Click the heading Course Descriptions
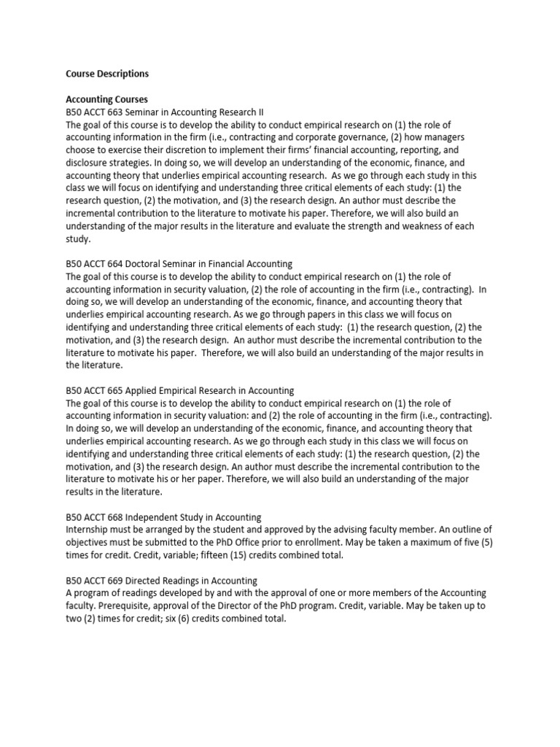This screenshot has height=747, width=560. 107,74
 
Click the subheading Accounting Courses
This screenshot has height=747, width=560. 107,99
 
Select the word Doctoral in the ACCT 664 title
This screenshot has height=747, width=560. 147,263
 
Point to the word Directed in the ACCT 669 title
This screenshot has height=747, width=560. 147,581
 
